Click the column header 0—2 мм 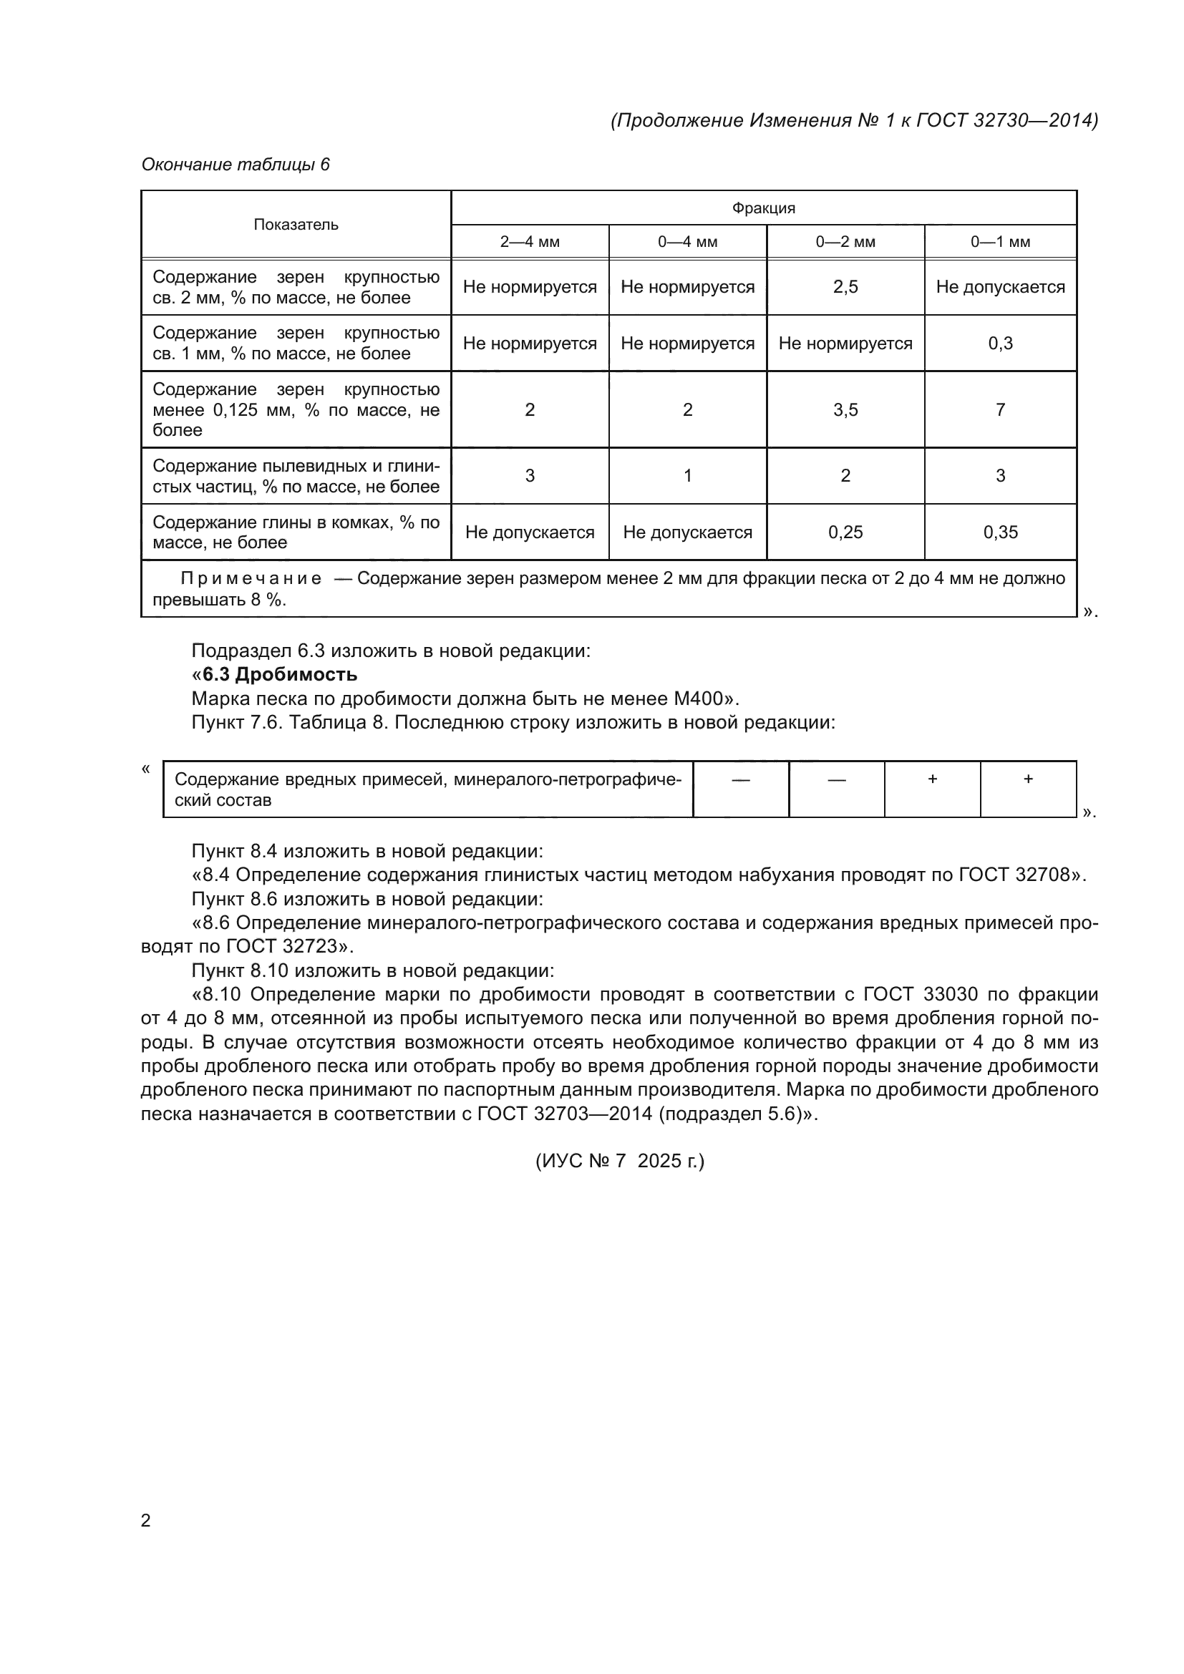(845, 242)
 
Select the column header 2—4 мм (529, 242)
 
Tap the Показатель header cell (296, 225)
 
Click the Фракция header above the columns (763, 208)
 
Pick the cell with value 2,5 (845, 287)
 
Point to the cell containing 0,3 (1000, 344)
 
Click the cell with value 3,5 (845, 410)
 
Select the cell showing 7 (1000, 410)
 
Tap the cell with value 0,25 (845, 532)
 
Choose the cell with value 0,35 (1000, 532)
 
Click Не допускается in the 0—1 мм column (1000, 287)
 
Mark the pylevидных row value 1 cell (686, 476)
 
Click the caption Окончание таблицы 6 (236, 165)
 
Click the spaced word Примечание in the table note (251, 579)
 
